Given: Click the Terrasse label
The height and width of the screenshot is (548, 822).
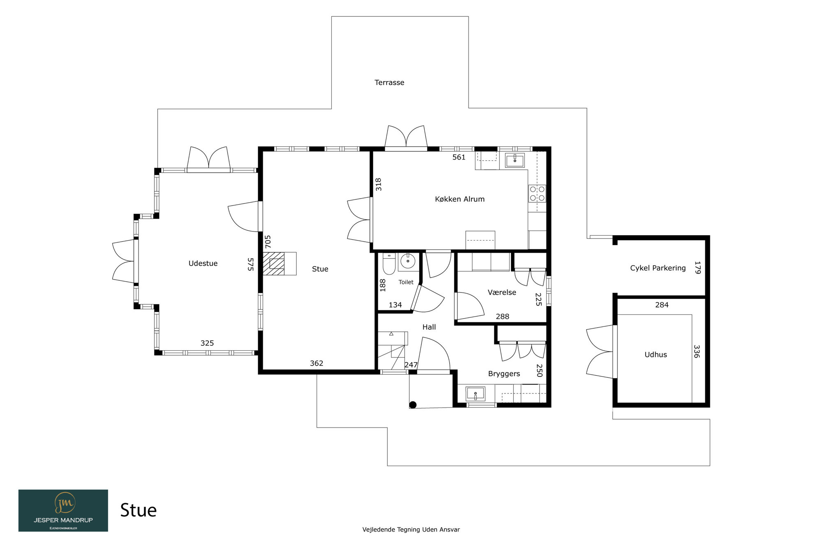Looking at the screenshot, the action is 389,83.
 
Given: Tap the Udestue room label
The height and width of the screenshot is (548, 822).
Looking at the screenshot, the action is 203,264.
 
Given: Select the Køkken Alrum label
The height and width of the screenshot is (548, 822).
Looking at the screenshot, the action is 459,199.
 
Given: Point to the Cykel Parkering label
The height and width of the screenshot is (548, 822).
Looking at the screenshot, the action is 658,268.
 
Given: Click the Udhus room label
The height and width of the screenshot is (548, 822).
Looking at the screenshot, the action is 656,355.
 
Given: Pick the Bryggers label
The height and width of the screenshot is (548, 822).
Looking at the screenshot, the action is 504,374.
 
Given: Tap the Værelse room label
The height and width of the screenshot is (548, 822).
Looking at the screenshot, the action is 502,292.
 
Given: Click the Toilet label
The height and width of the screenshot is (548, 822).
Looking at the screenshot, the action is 406,282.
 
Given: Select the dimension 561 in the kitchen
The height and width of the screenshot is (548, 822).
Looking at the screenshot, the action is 459,157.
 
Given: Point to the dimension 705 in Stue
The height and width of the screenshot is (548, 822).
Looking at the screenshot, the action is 268,241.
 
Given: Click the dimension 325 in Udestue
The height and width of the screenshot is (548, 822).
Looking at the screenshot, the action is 207,343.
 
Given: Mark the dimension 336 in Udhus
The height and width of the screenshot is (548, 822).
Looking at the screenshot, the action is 697,351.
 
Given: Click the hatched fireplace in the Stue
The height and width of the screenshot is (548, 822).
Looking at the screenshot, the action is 274,264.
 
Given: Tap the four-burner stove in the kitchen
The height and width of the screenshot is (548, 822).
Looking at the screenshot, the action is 537,194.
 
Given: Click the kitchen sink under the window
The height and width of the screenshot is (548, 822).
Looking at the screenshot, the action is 515,160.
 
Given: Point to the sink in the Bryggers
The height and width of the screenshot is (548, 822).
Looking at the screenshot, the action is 476,394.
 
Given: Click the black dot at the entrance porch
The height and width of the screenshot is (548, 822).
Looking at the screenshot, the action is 413,405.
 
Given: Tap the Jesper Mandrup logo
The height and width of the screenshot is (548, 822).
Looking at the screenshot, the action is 63,511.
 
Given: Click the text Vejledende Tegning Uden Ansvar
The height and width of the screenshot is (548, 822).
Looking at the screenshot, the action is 411,530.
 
